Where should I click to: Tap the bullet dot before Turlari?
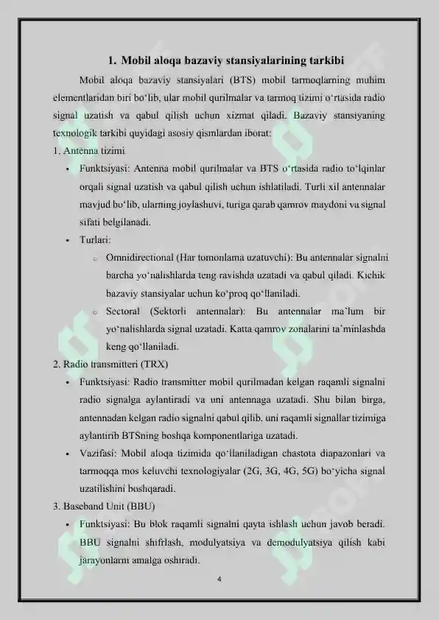point(66,241)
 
